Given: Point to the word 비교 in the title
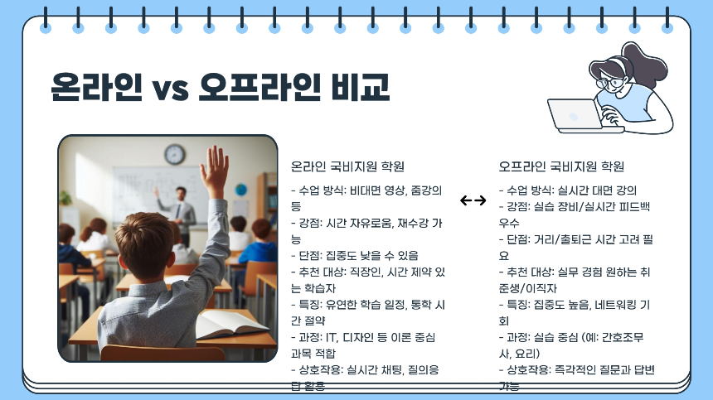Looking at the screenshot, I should tap(359, 86).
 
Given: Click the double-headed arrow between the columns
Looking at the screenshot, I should tap(473, 200).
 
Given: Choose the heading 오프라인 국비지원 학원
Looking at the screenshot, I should tap(561, 166).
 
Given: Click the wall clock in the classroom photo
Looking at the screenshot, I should tap(174, 154).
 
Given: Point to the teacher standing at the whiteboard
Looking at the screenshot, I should tap(185, 206).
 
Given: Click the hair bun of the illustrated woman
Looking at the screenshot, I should tap(639, 56).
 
